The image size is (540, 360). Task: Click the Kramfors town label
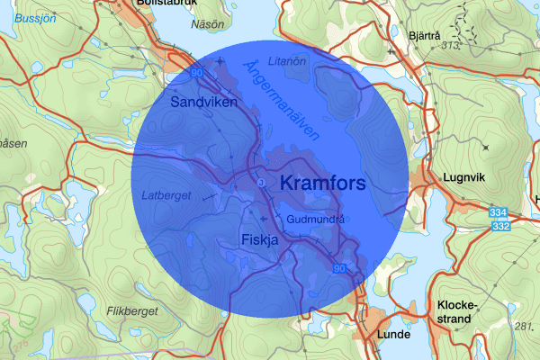tap(322, 184)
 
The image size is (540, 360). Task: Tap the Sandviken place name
tap(203, 103)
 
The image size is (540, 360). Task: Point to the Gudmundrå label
tap(317, 219)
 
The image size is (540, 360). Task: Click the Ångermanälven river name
tap(283, 99)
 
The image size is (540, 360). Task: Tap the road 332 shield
tap(501, 225)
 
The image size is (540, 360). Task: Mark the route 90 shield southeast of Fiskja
tap(338, 268)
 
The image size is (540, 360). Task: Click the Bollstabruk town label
tap(161, 4)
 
